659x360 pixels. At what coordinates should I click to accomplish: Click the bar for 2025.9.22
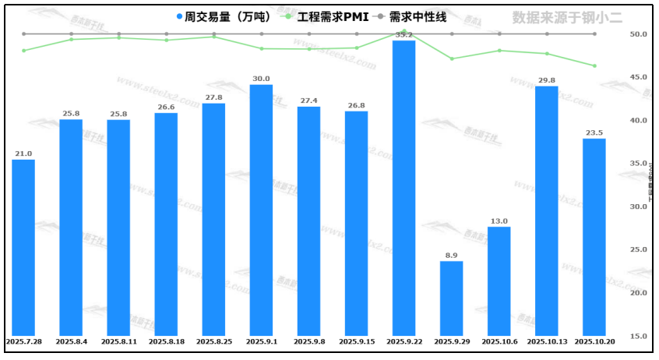(x=404, y=187)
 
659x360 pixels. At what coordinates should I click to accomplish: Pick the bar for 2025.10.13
(x=546, y=210)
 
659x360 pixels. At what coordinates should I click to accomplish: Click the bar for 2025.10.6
(x=499, y=281)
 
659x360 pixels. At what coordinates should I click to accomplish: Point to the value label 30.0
(x=261, y=79)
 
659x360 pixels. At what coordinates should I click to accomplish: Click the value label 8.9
(x=451, y=256)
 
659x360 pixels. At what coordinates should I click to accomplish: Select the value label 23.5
(x=594, y=132)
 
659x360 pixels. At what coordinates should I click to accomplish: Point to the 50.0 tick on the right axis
(x=639, y=34)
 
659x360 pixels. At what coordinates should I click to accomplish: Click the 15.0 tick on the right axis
(x=639, y=336)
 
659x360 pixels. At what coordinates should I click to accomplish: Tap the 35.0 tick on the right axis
(x=639, y=164)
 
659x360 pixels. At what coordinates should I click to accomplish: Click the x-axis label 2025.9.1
(x=261, y=341)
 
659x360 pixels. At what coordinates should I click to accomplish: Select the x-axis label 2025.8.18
(x=166, y=341)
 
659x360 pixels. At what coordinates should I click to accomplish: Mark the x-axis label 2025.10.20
(x=594, y=341)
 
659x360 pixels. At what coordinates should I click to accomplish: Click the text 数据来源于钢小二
(x=567, y=17)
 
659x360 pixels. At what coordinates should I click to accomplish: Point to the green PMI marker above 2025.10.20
(x=594, y=65)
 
